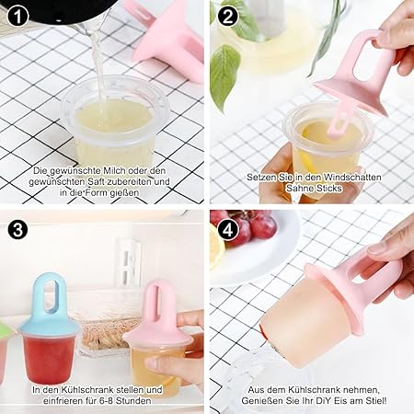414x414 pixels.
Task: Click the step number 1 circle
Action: [17, 17]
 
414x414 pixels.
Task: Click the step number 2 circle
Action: [228, 17]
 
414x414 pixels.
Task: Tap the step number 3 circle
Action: [17, 229]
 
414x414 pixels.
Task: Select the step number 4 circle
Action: [228, 229]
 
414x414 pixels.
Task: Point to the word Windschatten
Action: [352, 177]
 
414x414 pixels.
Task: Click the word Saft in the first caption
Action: [96, 181]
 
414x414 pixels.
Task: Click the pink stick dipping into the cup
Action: [339, 118]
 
